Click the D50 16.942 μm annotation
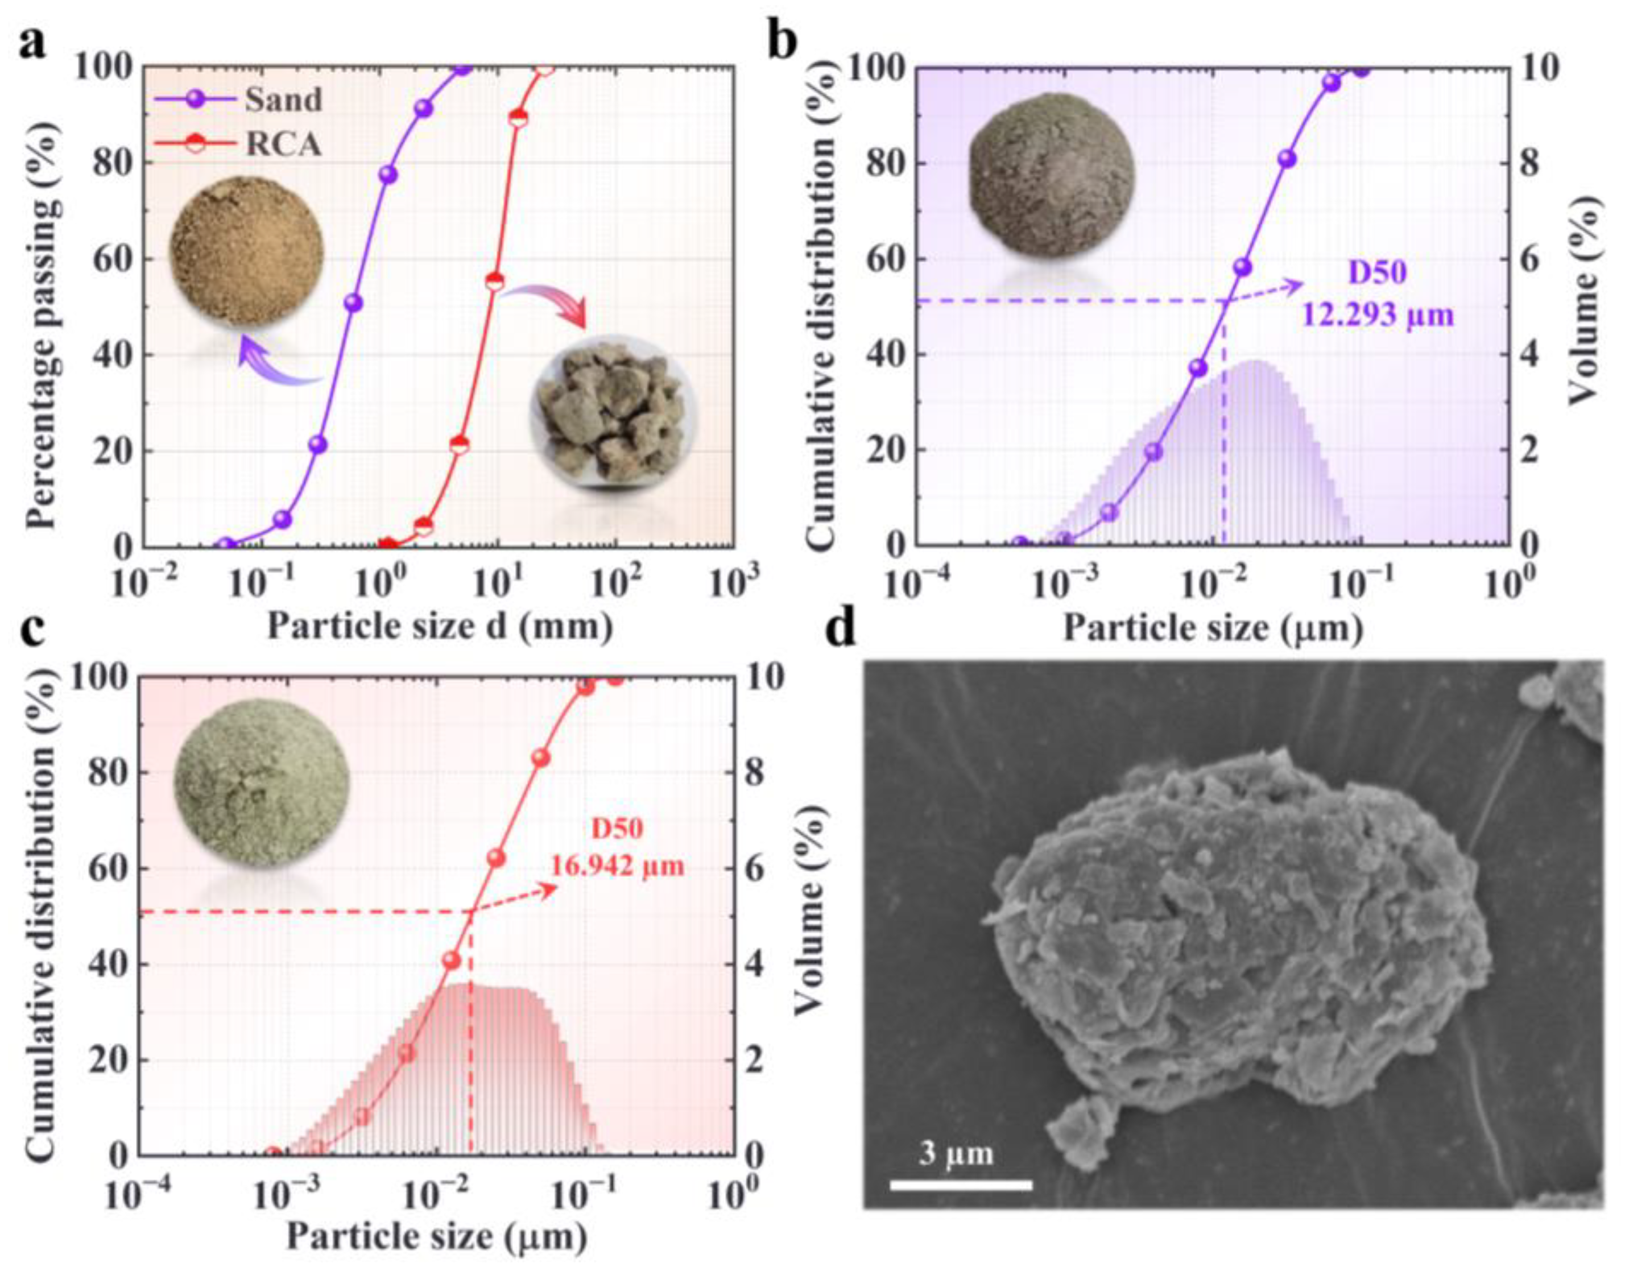click(x=617, y=848)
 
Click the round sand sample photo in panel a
click(x=247, y=251)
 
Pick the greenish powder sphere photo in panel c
click(x=261, y=786)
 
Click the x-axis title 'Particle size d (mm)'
click(x=440, y=626)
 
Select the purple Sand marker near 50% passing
click(x=353, y=303)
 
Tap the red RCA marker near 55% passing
click(x=495, y=282)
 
